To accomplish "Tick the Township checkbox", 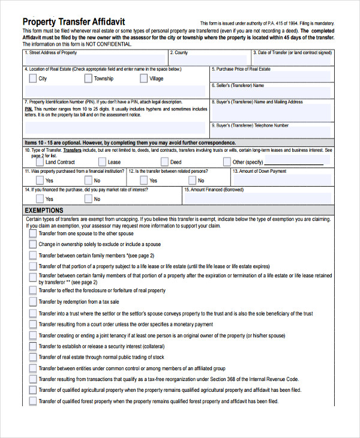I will pyautogui.click(x=88, y=79).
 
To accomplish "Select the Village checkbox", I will pyautogui.click(x=143, y=79).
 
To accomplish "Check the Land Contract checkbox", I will pyautogui.click(x=40, y=162).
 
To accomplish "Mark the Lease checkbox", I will pyautogui.click(x=102, y=162).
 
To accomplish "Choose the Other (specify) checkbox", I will pyautogui.click(x=227, y=162).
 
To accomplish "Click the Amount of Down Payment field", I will pyautogui.click(x=282, y=179).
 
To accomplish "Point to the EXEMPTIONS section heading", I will pyautogui.click(x=44, y=211).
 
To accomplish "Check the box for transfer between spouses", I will pyautogui.click(x=32, y=234).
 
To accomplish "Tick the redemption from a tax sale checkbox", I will pyautogui.click(x=32, y=302).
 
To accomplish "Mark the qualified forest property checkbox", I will pyautogui.click(x=32, y=401).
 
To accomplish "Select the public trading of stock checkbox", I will pyautogui.click(x=32, y=357).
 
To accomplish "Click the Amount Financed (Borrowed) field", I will pyautogui.click(x=258, y=198).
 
